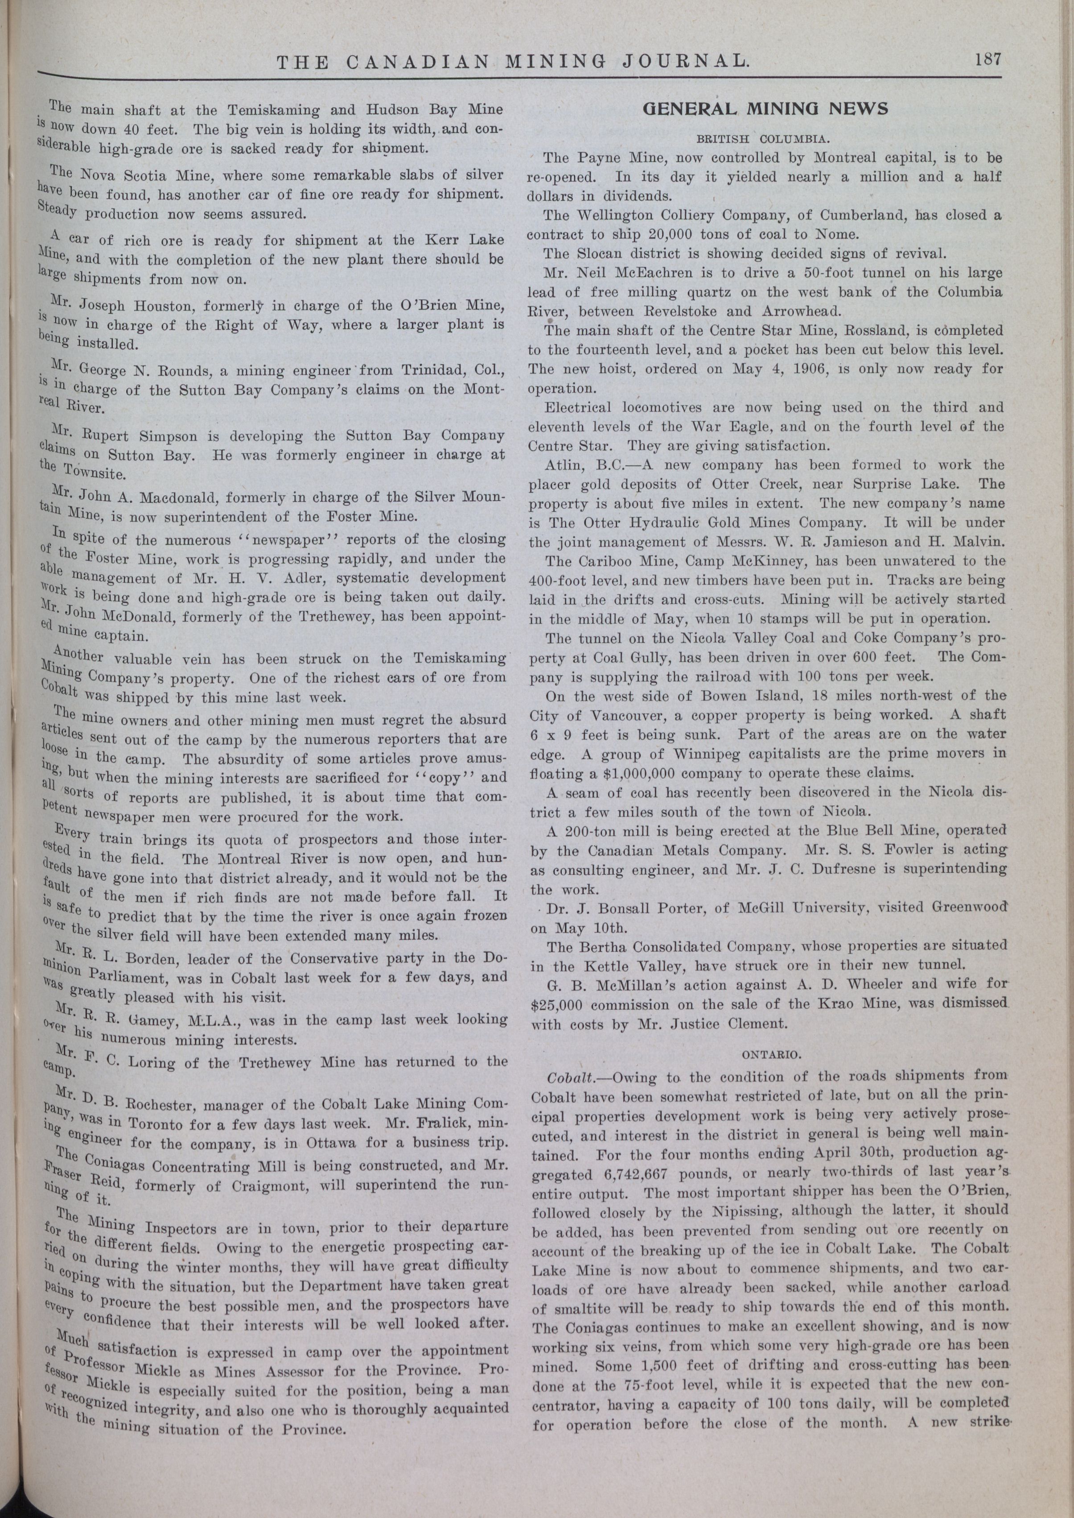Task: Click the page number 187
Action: tap(988, 59)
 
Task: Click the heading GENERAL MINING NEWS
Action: tap(765, 108)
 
